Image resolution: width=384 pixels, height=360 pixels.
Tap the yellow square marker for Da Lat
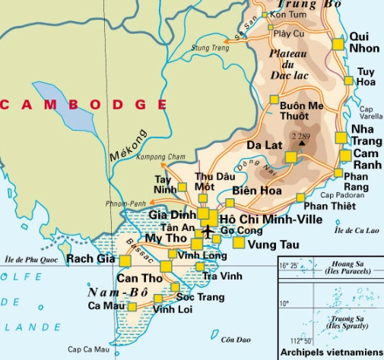[290, 157]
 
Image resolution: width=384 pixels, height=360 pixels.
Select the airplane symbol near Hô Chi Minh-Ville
[208, 231]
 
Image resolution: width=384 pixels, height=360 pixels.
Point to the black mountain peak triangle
[302, 143]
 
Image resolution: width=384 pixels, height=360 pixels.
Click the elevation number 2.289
[302, 135]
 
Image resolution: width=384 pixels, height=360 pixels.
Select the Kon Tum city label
[288, 15]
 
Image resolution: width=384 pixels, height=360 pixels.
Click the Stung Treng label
[211, 48]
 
